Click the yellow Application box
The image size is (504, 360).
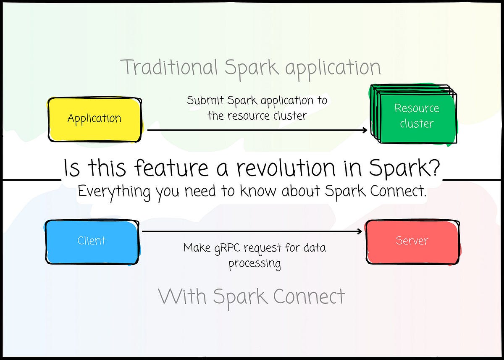coord(94,119)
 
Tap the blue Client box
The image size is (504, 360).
coord(92,241)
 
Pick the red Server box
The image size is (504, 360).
coord(412,241)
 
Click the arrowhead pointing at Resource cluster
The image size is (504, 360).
coord(365,130)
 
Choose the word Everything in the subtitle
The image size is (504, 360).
coord(114,192)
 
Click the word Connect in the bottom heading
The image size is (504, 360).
coord(309,297)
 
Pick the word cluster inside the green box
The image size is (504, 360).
coord(416,124)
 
